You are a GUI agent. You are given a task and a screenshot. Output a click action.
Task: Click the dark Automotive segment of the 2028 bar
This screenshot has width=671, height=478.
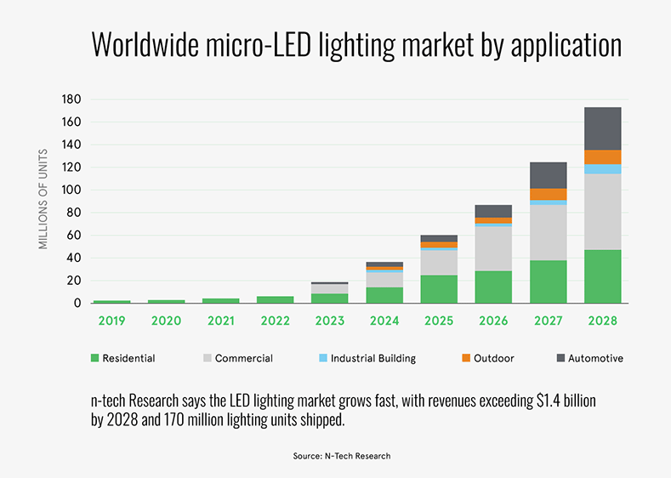[x=602, y=128]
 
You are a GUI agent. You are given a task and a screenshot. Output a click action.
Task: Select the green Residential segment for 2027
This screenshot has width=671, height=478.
[x=548, y=282]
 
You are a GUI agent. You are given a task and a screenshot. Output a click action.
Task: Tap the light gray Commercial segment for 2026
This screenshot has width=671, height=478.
[x=493, y=249]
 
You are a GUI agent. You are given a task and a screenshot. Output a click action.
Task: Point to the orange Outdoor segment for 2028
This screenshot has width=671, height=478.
[x=602, y=157]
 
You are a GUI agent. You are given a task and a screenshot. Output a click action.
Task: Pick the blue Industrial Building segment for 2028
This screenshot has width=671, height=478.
[x=602, y=169]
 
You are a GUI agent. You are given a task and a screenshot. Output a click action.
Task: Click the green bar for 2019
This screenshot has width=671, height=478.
[x=112, y=301]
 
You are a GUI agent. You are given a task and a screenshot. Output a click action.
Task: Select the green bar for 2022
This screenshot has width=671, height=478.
[x=276, y=299]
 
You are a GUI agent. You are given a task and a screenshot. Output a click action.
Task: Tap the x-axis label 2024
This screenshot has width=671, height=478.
[x=384, y=322]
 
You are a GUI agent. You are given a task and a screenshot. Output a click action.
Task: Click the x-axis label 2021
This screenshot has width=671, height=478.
[x=221, y=322]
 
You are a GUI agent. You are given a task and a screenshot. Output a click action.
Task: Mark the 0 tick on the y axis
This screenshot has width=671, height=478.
[x=77, y=303]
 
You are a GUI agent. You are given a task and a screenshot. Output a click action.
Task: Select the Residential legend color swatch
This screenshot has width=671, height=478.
[x=94, y=359]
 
